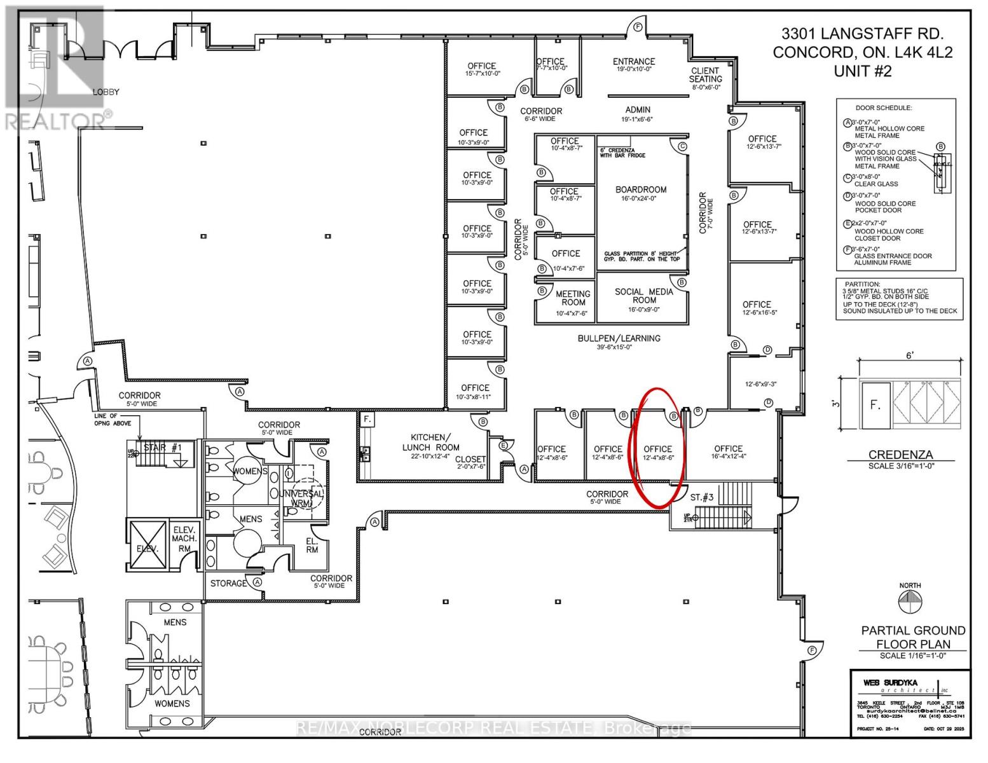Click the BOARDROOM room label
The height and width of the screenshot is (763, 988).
click(x=641, y=189)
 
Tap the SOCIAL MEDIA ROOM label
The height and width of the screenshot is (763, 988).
click(x=643, y=296)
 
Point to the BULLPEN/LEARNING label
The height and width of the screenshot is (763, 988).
click(x=619, y=338)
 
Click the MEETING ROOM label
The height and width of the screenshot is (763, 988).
click(x=573, y=298)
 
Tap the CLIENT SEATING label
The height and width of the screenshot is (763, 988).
click(x=705, y=75)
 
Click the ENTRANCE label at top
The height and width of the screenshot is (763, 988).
click(x=634, y=62)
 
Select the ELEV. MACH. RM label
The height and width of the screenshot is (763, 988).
click(x=184, y=539)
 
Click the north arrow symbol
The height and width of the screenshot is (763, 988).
click(x=910, y=600)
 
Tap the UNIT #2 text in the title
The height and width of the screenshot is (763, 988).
click(x=862, y=71)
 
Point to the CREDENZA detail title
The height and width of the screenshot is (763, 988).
click(x=900, y=455)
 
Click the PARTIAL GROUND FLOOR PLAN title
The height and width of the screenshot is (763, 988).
click(x=913, y=637)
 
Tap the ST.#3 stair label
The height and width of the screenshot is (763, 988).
click(x=704, y=497)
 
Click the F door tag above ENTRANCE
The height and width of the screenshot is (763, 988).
click(x=637, y=27)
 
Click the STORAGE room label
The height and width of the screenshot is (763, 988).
click(x=229, y=583)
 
